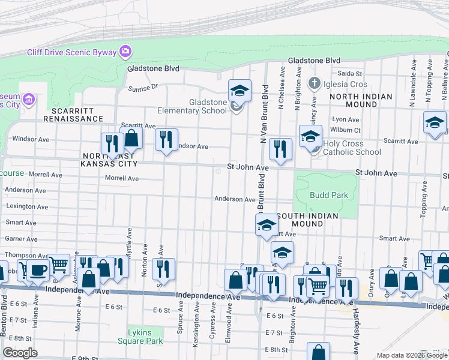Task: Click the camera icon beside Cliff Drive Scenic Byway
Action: click(125, 52)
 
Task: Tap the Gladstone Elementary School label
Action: click(192, 106)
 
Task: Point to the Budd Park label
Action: click(329, 195)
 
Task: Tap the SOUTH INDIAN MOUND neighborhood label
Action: click(307, 220)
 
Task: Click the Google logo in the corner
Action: click(20, 353)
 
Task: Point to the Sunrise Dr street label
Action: click(143, 88)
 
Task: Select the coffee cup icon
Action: click(39, 270)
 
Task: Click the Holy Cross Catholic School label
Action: click(352, 148)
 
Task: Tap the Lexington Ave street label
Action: click(26, 206)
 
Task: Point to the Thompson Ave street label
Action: click(25, 255)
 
